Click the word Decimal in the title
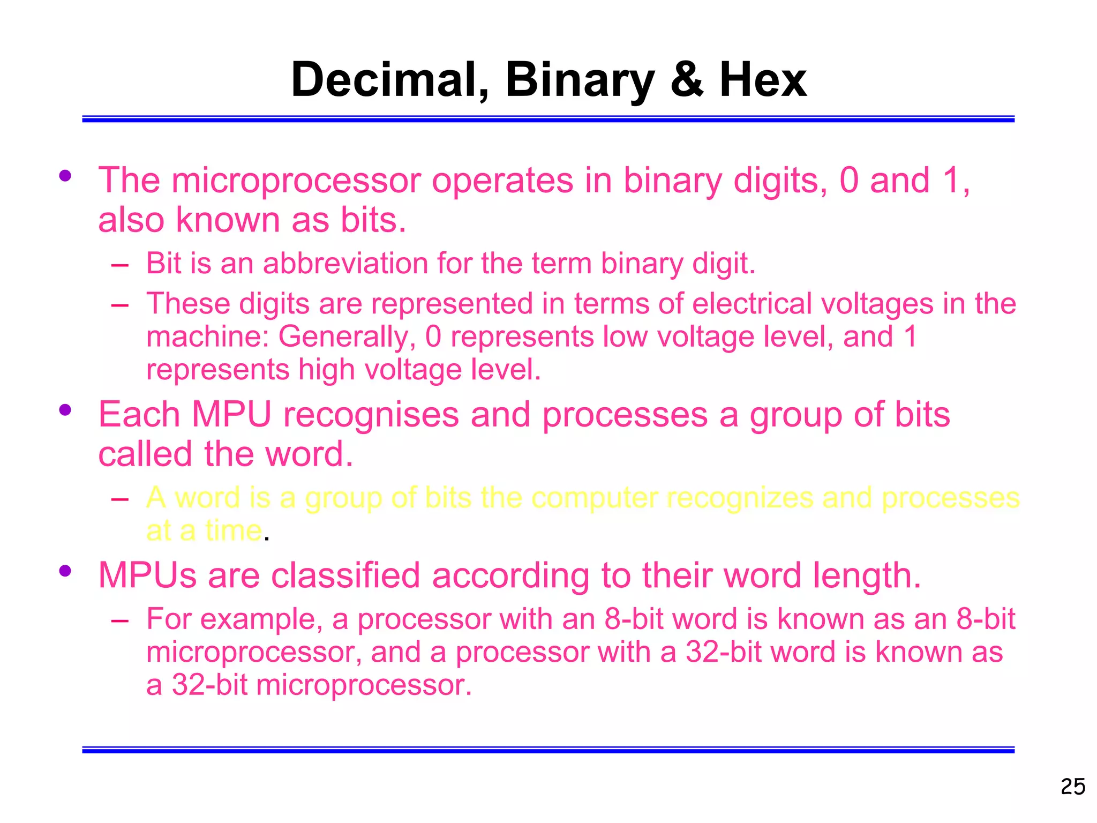(x=390, y=80)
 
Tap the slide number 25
(x=1073, y=787)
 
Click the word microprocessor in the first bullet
(x=296, y=181)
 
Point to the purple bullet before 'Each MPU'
(x=65, y=410)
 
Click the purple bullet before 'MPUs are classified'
(x=65, y=571)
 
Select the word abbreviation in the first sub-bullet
(x=345, y=264)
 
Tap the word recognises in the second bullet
(x=371, y=415)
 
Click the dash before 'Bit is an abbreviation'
(x=120, y=265)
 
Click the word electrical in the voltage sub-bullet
(x=752, y=304)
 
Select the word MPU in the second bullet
(x=231, y=415)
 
